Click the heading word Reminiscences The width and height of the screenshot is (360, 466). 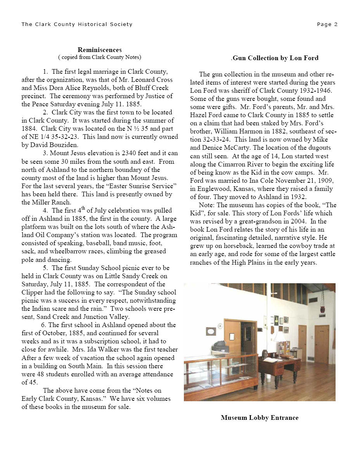tap(100, 50)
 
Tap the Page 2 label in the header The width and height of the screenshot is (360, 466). tap(327, 24)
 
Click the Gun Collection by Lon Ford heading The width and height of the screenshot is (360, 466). tap(275, 58)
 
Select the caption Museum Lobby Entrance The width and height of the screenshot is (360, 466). tap(260, 418)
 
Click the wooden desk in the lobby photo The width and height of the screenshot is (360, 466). tap(277, 366)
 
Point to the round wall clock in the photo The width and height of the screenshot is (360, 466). tap(220, 326)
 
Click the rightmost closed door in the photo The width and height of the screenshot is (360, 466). tap(322, 343)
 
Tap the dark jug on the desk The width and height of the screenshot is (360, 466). tap(265, 354)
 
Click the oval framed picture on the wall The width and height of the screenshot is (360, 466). tap(211, 331)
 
